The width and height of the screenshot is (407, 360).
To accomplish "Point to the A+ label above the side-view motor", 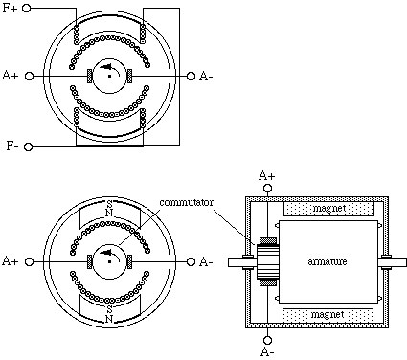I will click(267, 176).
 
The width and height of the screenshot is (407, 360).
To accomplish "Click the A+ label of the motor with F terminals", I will click(11, 76).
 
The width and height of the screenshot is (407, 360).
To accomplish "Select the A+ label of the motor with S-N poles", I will click(11, 260).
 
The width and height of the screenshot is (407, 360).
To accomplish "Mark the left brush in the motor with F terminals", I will click(90, 76).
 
